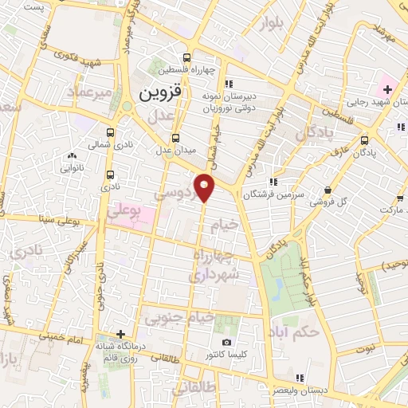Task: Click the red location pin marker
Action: pos(205,186)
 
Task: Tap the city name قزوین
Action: pos(161,92)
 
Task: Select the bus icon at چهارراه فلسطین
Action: pos(186,57)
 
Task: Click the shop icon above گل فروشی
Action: pos(328,189)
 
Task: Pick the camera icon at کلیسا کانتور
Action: pos(227,342)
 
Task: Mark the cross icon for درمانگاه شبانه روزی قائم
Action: pos(120,334)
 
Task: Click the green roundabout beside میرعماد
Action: pos(127,106)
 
